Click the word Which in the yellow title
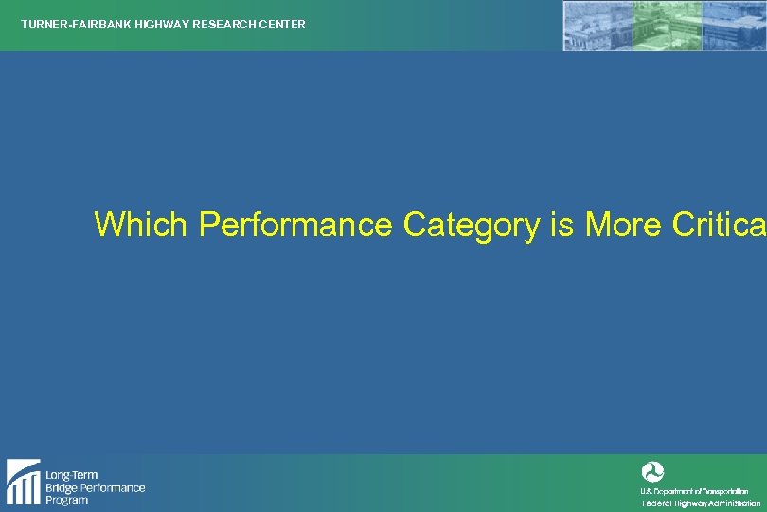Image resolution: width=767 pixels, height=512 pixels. click(143, 225)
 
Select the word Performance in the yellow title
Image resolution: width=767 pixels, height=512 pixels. click(295, 225)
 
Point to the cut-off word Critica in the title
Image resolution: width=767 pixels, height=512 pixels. click(719, 225)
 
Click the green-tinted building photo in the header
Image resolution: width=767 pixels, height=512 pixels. click(669, 26)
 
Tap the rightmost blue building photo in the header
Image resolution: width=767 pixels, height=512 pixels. click(735, 26)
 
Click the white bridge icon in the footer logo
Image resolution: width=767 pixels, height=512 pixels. click(23, 482)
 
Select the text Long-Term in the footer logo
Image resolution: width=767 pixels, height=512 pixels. click(71, 475)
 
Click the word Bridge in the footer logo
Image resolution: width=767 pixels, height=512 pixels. click(64, 487)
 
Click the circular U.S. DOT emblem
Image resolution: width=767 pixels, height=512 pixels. click(652, 471)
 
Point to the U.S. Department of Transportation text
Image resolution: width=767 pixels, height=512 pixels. click(694, 491)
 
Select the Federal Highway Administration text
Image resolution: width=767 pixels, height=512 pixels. click(701, 503)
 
